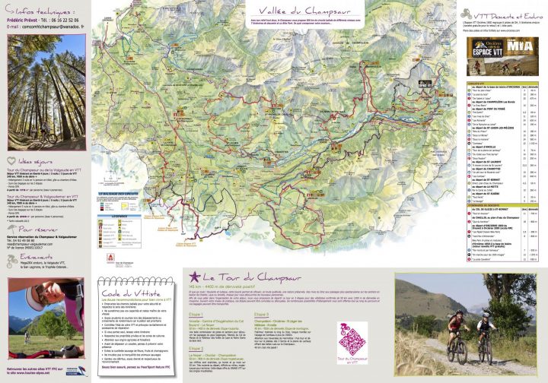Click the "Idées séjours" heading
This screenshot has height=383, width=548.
click(x=33, y=162)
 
